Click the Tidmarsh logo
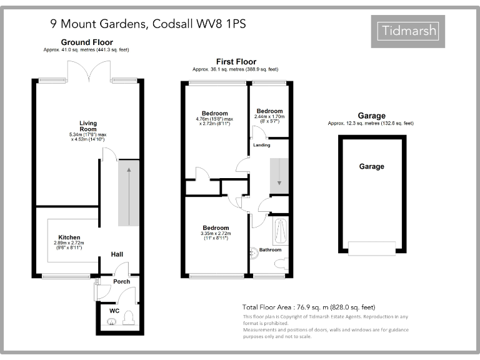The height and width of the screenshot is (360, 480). click(x=410, y=30)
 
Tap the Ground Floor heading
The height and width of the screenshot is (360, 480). click(x=87, y=42)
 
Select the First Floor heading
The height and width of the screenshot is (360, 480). click(x=236, y=61)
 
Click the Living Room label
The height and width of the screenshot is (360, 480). click(x=88, y=126)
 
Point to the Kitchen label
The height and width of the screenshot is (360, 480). click(x=69, y=237)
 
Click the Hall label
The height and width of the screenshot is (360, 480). click(x=117, y=254)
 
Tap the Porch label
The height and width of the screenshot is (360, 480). click(x=121, y=281)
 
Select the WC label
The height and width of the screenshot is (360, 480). click(x=114, y=311)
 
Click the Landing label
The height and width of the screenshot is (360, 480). click(x=262, y=145)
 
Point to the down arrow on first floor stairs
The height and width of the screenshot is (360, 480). click(x=279, y=176)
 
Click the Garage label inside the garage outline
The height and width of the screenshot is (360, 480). click(x=371, y=166)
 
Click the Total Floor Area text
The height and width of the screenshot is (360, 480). click(x=308, y=307)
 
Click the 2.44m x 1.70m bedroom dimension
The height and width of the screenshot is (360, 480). click(x=269, y=116)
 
